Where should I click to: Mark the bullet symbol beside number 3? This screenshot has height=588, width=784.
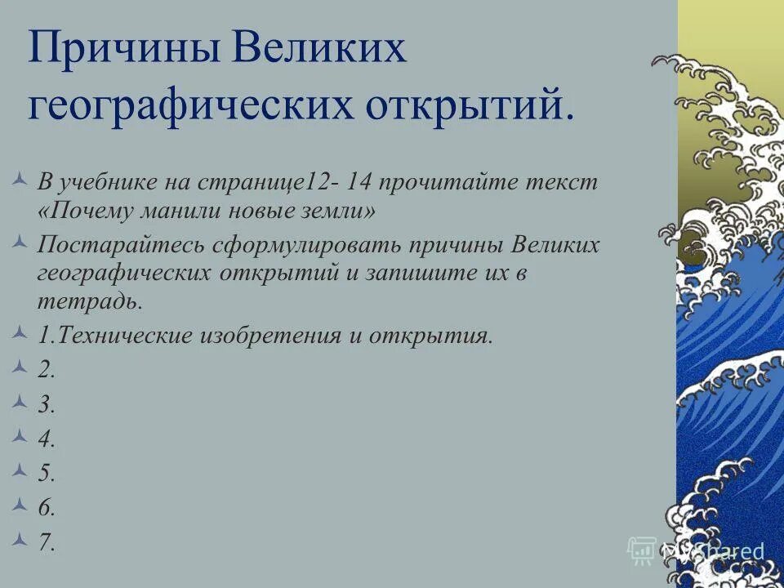coord(22,401)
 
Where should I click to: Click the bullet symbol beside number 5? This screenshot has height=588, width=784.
coord(22,470)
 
